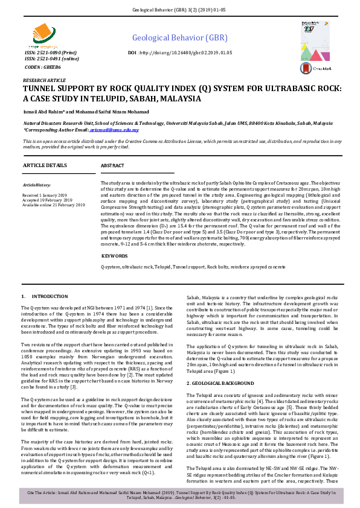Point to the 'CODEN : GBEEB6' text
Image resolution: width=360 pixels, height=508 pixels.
(x=42, y=68)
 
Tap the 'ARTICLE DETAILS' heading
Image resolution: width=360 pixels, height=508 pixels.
(x=46, y=165)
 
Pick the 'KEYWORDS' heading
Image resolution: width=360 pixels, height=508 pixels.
(x=114, y=256)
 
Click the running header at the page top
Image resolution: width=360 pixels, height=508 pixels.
(x=179, y=11)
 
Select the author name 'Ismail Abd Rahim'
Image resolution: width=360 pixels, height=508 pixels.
(x=45, y=111)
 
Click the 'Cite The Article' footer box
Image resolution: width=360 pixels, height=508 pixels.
(x=179, y=495)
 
